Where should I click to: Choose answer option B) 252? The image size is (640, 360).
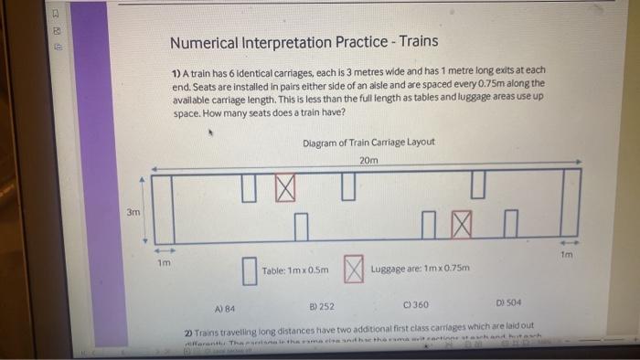tap(322, 306)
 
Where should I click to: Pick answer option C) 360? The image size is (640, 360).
tap(415, 303)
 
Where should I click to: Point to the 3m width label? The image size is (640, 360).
tap(133, 213)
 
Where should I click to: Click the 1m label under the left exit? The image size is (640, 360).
tap(164, 263)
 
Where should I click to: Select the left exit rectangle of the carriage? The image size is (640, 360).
tap(164, 205)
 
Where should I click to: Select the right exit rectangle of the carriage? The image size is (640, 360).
tap(570, 202)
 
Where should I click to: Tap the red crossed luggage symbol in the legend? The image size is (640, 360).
tap(354, 269)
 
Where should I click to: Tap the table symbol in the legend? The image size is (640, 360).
tap(248, 270)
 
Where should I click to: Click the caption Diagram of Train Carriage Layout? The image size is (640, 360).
tap(368, 142)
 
